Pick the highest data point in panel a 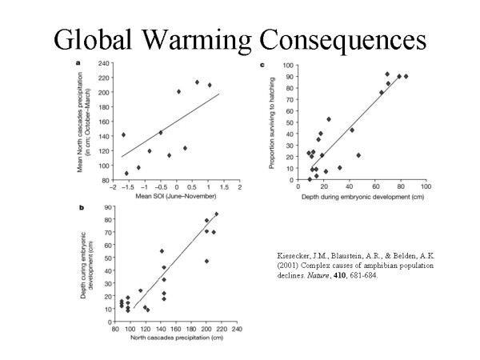pos(197,82)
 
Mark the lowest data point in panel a pos(126,173)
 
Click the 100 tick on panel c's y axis pos(294,66)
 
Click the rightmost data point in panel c pos(406,77)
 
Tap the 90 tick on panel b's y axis pos(107,207)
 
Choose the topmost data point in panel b pos(216,214)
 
